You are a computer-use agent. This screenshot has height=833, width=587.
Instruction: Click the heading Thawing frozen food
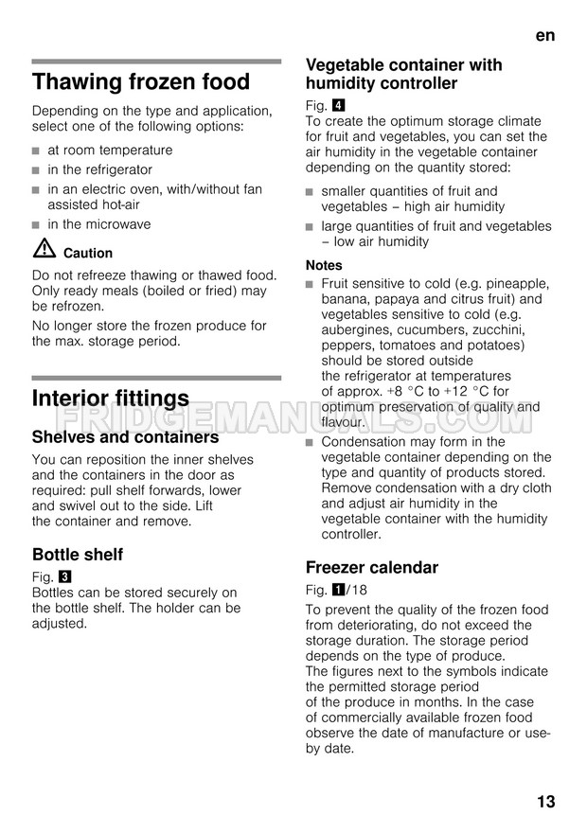[141, 81]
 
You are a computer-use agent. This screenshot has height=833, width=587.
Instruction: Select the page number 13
[545, 802]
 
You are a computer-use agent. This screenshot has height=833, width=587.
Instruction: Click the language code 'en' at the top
[544, 35]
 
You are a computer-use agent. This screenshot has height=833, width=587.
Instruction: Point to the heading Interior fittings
[111, 398]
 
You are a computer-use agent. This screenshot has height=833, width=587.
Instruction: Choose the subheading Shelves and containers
[125, 437]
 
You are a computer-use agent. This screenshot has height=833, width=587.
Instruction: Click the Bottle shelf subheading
[78, 555]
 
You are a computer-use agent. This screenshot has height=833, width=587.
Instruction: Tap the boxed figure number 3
[63, 576]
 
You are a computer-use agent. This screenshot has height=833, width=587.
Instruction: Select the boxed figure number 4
[338, 105]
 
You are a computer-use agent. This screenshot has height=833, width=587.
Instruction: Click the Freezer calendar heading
[372, 568]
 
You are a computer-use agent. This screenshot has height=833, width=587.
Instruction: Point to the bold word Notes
[324, 265]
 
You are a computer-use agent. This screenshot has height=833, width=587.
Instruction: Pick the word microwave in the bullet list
[117, 224]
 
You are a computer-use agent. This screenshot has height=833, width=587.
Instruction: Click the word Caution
[88, 253]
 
